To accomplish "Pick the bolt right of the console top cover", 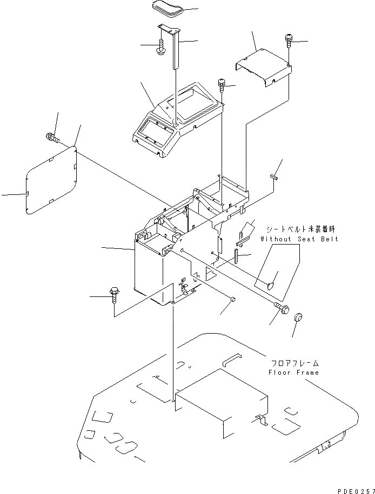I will point(222,83).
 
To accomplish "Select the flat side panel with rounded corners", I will point(51,178).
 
